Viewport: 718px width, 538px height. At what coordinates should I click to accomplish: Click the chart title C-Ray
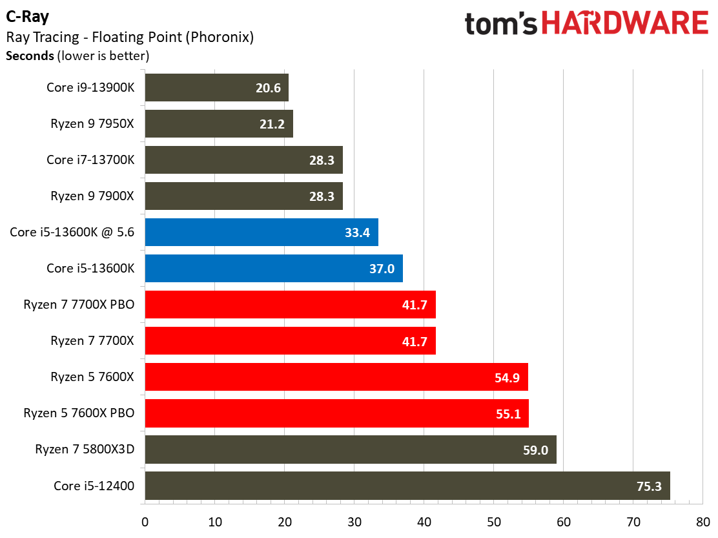28,17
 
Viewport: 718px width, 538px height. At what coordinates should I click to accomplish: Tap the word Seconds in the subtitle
30,56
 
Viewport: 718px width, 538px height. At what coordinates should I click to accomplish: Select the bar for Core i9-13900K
216,87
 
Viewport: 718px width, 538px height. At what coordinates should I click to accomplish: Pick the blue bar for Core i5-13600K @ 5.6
262,232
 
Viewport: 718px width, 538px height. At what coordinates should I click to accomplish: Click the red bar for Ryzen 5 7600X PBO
336,413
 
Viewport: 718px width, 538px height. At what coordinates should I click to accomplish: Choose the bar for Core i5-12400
407,485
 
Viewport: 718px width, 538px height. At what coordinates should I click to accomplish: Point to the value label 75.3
649,486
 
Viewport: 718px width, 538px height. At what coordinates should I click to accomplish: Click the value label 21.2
272,124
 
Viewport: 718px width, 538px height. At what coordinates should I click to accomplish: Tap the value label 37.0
382,269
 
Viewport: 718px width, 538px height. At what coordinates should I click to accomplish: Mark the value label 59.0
535,450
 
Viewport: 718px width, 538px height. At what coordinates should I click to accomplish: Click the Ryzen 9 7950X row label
92,123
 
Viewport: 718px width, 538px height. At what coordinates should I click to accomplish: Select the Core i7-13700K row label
90,160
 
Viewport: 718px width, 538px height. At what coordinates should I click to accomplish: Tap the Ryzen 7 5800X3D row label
85,449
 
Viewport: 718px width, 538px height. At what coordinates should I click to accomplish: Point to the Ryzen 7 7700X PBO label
79,304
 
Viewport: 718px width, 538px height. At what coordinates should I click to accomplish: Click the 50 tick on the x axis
493,522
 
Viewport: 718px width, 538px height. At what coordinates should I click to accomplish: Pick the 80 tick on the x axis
703,522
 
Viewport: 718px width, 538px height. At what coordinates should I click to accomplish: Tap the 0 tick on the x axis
145,522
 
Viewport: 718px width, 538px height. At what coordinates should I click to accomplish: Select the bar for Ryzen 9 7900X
243,196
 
